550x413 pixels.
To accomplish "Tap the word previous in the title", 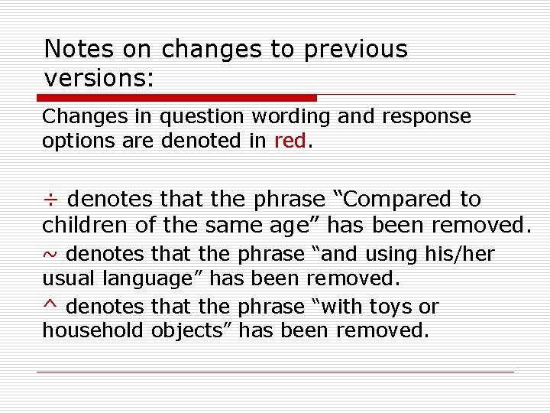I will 356,49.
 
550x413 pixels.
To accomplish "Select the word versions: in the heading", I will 99,78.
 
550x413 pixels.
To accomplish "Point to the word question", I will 201,117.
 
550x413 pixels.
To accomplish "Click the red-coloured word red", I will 290,141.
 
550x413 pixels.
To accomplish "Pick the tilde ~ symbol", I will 50,254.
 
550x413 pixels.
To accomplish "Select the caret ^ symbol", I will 50,304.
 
